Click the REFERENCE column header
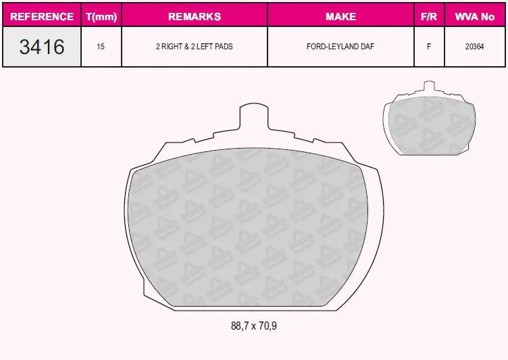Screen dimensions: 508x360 [x=42, y=16]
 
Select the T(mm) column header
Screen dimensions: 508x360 [x=101, y=16]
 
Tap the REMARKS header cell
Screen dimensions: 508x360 [x=195, y=16]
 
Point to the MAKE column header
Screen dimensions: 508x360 [x=341, y=16]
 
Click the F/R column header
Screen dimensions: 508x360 [x=429, y=16]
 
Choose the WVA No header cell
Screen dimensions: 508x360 [x=475, y=16]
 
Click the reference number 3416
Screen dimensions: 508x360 [x=42, y=47]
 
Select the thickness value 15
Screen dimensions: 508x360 [x=101, y=47]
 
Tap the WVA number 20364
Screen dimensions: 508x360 [x=475, y=47]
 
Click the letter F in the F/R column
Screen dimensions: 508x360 [x=429, y=47]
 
